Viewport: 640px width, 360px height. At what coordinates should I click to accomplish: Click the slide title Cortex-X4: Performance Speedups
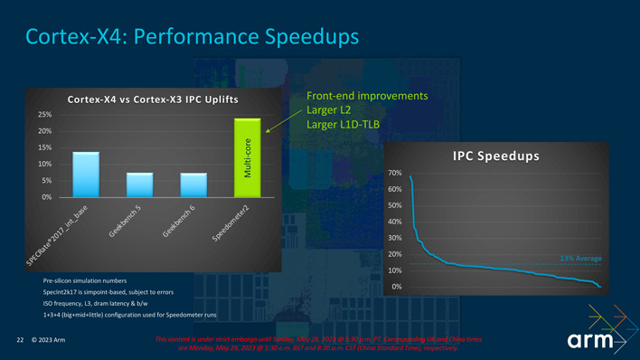pyautogui.click(x=193, y=37)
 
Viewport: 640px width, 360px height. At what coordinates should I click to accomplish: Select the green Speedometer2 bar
pyautogui.click(x=247, y=157)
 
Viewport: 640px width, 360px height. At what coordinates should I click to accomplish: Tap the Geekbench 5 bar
pyautogui.click(x=139, y=185)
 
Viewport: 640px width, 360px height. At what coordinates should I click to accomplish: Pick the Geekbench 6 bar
pyautogui.click(x=193, y=185)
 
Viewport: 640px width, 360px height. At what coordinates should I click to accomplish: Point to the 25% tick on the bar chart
pyautogui.click(x=44, y=115)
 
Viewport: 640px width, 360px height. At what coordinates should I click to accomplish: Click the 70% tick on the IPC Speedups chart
pyautogui.click(x=394, y=173)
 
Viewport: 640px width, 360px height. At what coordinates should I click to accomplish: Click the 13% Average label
pyautogui.click(x=580, y=258)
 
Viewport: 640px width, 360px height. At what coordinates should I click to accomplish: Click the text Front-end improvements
pyautogui.click(x=367, y=96)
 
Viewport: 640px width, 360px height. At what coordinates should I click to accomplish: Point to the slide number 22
pyautogui.click(x=20, y=341)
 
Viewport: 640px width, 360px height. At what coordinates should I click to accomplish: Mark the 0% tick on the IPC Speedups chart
pyautogui.click(x=395, y=287)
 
